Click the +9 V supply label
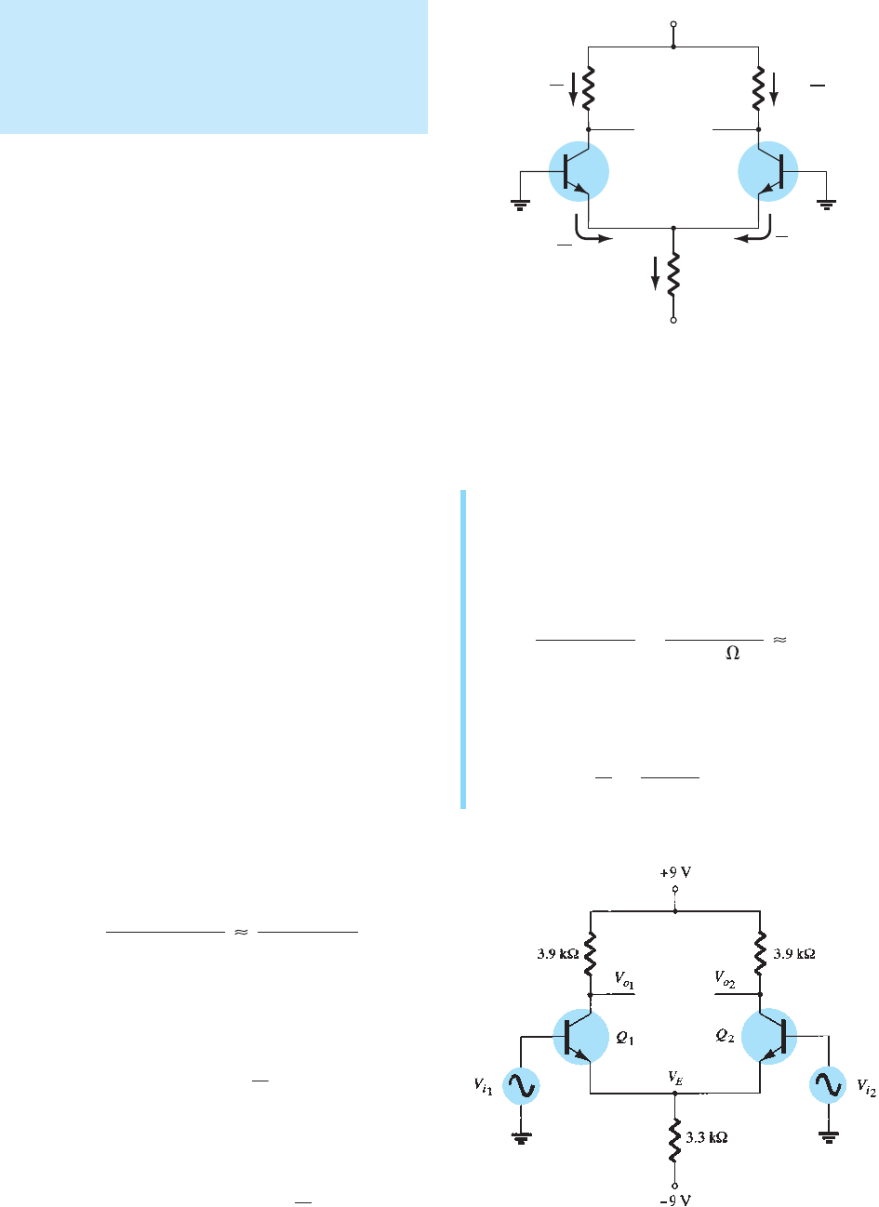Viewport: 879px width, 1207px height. tap(675, 873)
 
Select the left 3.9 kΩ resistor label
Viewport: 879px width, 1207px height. tap(557, 954)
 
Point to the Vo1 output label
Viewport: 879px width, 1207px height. tap(624, 980)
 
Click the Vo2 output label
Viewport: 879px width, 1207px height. tap(726, 980)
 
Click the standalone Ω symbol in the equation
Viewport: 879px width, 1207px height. tap(732, 655)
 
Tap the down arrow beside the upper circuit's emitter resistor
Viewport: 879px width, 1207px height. tap(655, 273)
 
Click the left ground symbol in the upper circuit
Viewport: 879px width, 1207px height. tap(520, 206)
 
